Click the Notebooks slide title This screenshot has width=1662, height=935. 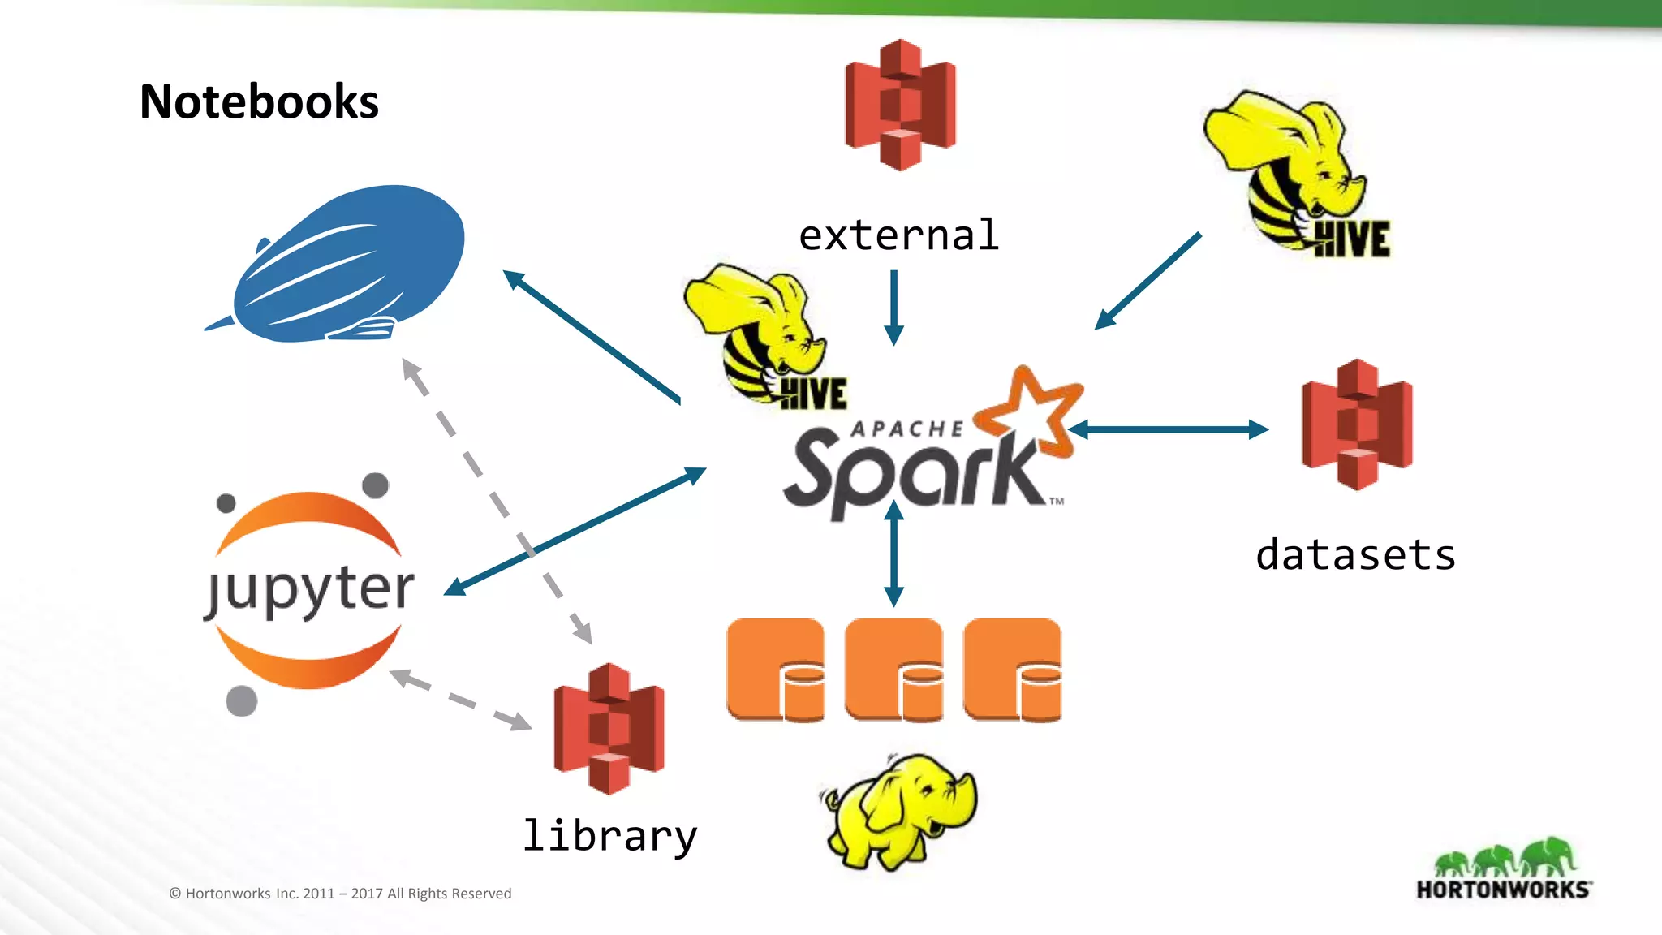pyautogui.click(x=259, y=101)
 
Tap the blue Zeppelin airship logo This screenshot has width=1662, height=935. pyautogui.click(x=349, y=264)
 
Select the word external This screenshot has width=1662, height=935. pyautogui.click(x=898, y=235)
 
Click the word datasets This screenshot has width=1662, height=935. pyautogui.click(x=1355, y=556)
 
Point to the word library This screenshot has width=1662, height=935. pyautogui.click(x=609, y=835)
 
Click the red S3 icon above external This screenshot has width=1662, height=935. pyautogui.click(x=900, y=104)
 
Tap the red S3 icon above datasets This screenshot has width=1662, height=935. pyautogui.click(x=1357, y=424)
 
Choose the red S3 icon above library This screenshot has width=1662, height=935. pyautogui.click(x=609, y=728)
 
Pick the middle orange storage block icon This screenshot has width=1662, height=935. pyautogui.click(x=893, y=670)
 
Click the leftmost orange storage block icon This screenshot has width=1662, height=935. pyautogui.click(x=775, y=670)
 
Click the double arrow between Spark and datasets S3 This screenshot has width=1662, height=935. pyautogui.click(x=1169, y=429)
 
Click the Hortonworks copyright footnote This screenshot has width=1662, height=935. pyautogui.click(x=340, y=894)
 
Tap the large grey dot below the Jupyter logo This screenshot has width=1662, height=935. pyautogui.click(x=241, y=700)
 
